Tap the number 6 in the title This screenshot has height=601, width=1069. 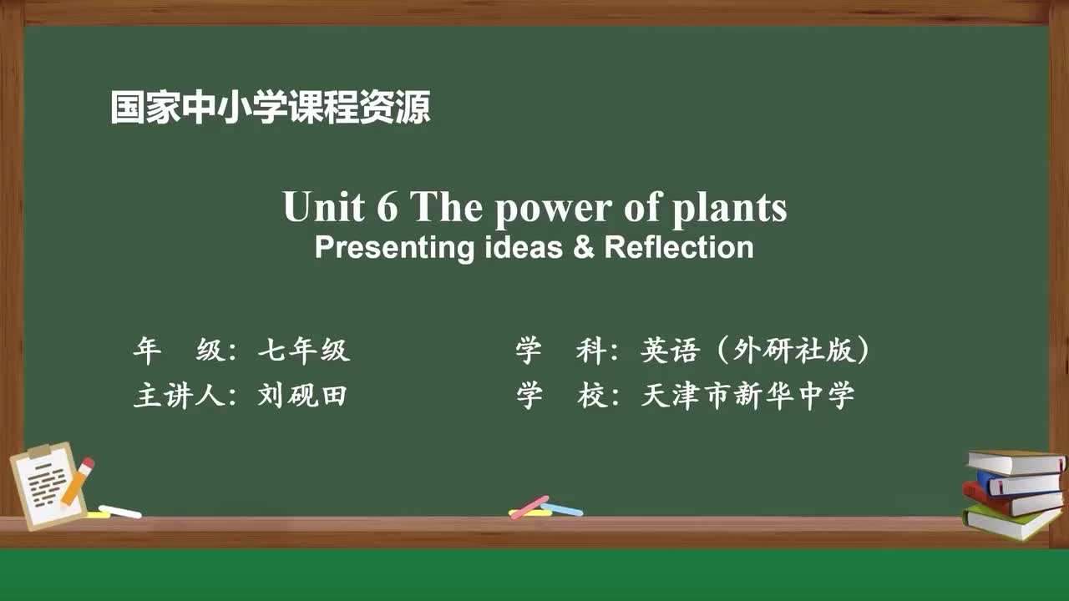[x=388, y=207]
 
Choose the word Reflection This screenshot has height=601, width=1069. [x=678, y=248]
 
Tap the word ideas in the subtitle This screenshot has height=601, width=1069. [x=524, y=248]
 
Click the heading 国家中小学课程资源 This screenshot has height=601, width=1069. [x=271, y=108]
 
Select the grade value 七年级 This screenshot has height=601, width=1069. [x=303, y=351]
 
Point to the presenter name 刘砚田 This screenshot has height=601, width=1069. [x=302, y=395]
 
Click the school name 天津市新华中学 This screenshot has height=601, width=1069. [x=747, y=395]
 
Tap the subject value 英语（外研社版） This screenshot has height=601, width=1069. [x=756, y=351]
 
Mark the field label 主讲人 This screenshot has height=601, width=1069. [x=180, y=395]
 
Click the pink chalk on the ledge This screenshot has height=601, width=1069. [x=529, y=506]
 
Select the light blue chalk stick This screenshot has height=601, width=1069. [x=562, y=508]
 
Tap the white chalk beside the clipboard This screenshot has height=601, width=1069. [x=120, y=511]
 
